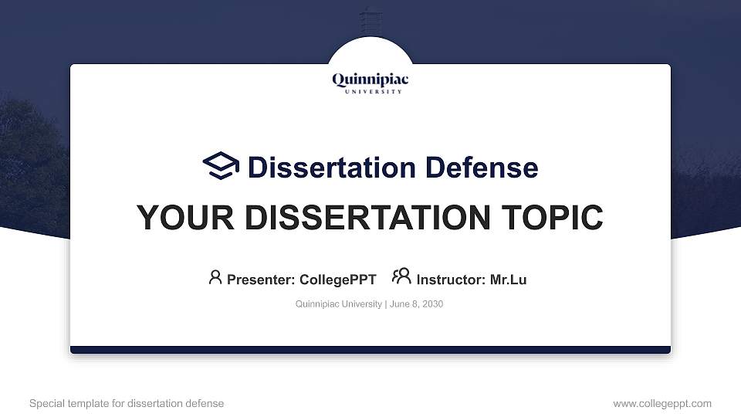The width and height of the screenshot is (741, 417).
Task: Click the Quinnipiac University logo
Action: [370, 81]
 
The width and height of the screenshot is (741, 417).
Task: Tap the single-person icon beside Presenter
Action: [215, 277]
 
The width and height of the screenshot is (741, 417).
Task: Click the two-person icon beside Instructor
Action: [401, 276]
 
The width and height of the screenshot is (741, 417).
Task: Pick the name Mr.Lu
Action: [508, 280]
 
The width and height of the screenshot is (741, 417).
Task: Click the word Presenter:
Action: [260, 280]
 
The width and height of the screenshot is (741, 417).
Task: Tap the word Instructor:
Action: [451, 280]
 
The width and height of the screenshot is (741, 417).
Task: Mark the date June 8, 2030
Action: [416, 304]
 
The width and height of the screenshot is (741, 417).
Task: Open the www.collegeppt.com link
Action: [662, 403]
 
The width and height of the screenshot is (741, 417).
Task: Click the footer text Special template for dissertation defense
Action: [127, 403]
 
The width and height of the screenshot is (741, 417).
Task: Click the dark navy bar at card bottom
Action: [370, 350]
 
